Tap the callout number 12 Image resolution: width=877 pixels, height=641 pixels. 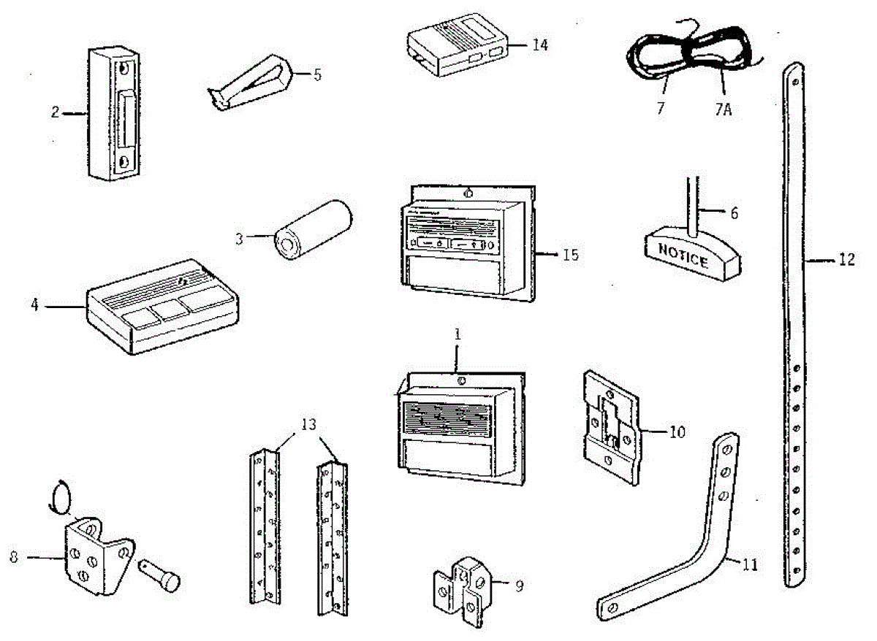click(846, 259)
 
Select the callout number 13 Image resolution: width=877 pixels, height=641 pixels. click(309, 426)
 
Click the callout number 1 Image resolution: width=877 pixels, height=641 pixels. click(458, 335)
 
